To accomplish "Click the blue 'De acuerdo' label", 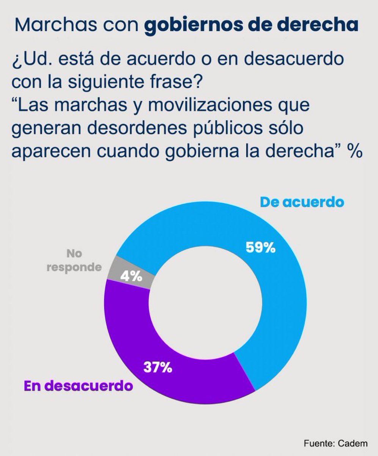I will pyautogui.click(x=302, y=202).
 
